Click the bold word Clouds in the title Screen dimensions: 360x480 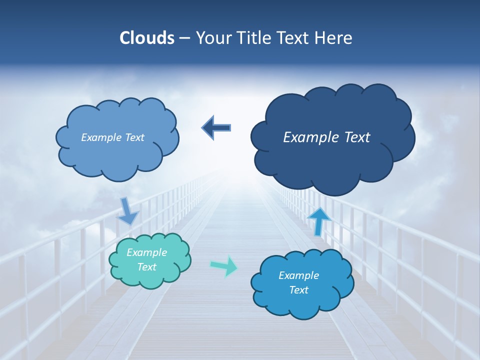[146, 38]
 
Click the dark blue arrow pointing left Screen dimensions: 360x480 [216, 127]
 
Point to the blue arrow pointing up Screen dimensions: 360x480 [319, 220]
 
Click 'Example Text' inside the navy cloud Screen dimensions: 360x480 [326, 137]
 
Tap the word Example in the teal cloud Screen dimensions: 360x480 [146, 253]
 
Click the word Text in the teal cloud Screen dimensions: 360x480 [146, 267]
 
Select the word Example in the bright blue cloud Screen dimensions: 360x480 [298, 275]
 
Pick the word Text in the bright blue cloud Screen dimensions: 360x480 [298, 290]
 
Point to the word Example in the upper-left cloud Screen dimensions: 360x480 [99, 137]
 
